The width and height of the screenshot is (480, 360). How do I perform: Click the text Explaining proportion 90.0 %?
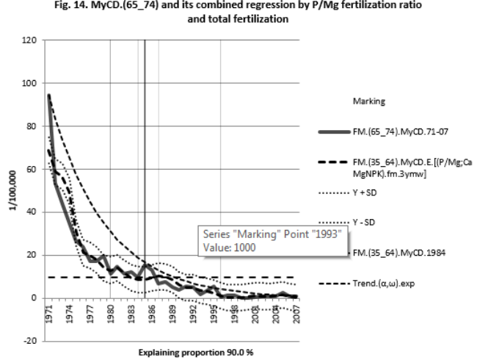pyautogui.click(x=173, y=352)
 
